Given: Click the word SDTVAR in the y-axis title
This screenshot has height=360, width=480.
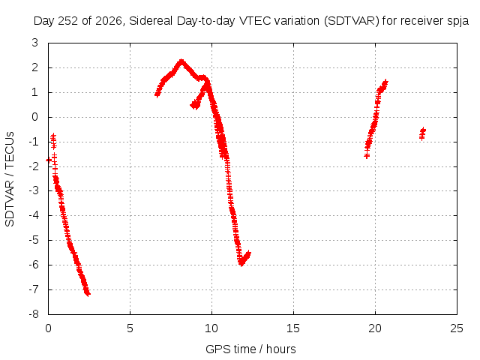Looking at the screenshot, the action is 10,203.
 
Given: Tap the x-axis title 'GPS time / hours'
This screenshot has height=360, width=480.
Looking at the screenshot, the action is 250,349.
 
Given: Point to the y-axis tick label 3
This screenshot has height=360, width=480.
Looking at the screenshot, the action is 35,43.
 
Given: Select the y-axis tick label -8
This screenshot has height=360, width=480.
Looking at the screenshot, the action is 34,314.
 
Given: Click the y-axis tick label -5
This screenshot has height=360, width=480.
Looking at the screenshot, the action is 34,240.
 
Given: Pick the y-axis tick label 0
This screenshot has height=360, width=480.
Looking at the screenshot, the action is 35,117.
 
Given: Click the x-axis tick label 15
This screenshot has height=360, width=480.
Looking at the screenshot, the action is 293,328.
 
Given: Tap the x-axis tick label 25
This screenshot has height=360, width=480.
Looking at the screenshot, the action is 457,328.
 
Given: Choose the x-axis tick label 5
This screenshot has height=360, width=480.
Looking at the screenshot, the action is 130,328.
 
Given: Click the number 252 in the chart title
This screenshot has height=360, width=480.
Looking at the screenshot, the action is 67,21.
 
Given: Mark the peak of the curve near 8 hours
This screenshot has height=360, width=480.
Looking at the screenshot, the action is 181,61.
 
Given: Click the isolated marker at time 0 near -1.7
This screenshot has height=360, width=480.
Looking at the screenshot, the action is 49,160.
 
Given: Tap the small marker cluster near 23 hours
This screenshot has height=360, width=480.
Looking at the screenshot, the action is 422,133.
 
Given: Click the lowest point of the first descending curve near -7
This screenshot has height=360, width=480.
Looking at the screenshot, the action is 87,294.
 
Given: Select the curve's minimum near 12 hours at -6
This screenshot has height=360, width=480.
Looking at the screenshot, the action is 241,263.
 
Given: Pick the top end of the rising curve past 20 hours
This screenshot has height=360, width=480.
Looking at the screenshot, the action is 385,82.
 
